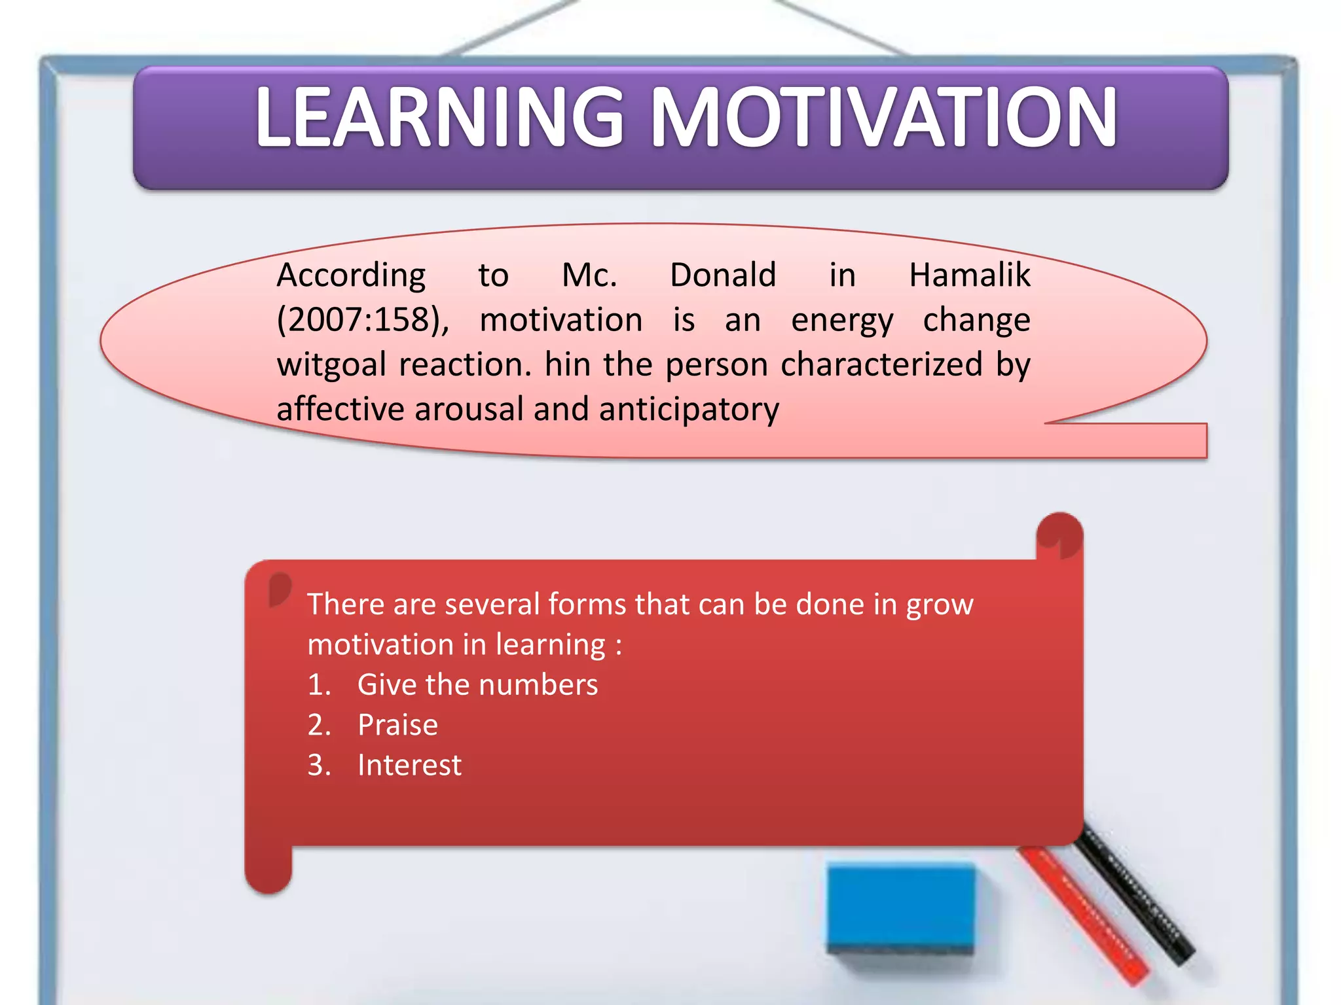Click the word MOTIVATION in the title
pyautogui.click(x=884, y=118)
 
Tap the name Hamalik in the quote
pyautogui.click(x=969, y=275)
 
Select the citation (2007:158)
pyautogui.click(x=362, y=321)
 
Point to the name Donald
pyautogui.click(x=723, y=275)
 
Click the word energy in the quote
pyautogui.click(x=842, y=321)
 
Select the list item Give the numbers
pyautogui.click(x=477, y=685)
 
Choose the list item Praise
pyautogui.click(x=397, y=725)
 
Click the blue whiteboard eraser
pyautogui.click(x=900, y=906)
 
